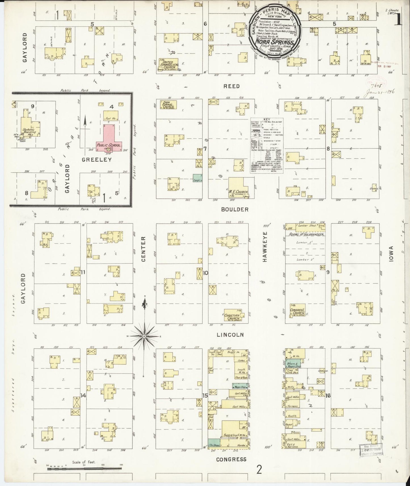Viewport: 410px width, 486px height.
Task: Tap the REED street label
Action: point(232,86)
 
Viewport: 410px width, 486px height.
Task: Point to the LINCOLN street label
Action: point(230,335)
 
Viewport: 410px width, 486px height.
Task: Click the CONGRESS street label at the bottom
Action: point(231,459)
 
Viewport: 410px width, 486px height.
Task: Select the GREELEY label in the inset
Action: point(97,160)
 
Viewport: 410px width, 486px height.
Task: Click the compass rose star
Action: point(144,336)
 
